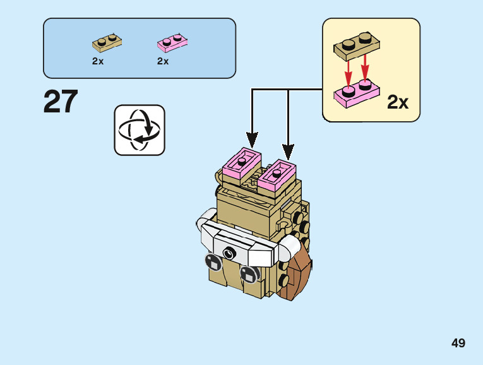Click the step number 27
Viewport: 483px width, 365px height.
[61, 102]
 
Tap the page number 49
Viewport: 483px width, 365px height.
[458, 343]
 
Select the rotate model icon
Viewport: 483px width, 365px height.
[140, 130]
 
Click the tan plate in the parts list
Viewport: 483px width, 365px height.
[107, 43]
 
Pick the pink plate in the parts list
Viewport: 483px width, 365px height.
[172, 43]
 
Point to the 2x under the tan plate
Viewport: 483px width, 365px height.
[97, 61]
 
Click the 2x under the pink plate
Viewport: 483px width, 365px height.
[163, 61]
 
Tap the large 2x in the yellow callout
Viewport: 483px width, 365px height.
[398, 102]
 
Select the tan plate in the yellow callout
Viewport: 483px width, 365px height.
[357, 44]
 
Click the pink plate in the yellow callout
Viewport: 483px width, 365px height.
[356, 92]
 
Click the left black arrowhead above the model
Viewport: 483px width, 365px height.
[253, 140]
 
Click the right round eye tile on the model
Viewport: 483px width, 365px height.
[248, 275]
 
